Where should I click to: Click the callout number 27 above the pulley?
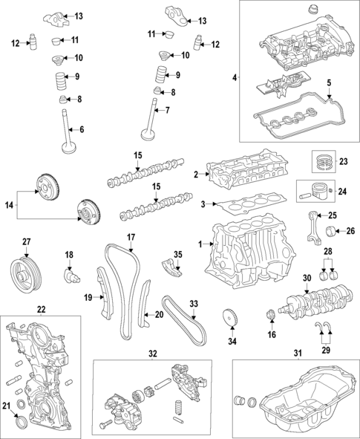[26, 241]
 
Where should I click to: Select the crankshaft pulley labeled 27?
[26, 276]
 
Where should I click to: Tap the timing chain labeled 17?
[122, 291]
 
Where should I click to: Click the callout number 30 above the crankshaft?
[307, 278]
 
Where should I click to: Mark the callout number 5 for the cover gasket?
[329, 82]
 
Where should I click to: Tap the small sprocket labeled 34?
[230, 317]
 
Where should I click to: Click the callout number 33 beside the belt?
[194, 304]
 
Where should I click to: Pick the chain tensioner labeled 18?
[71, 276]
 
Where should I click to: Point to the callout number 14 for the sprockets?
[9, 205]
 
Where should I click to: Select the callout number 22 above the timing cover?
[41, 309]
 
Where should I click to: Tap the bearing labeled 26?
[330, 231]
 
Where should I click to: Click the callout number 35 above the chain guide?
[178, 255]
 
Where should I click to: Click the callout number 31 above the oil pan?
[298, 354]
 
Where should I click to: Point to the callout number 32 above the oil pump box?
[153, 354]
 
